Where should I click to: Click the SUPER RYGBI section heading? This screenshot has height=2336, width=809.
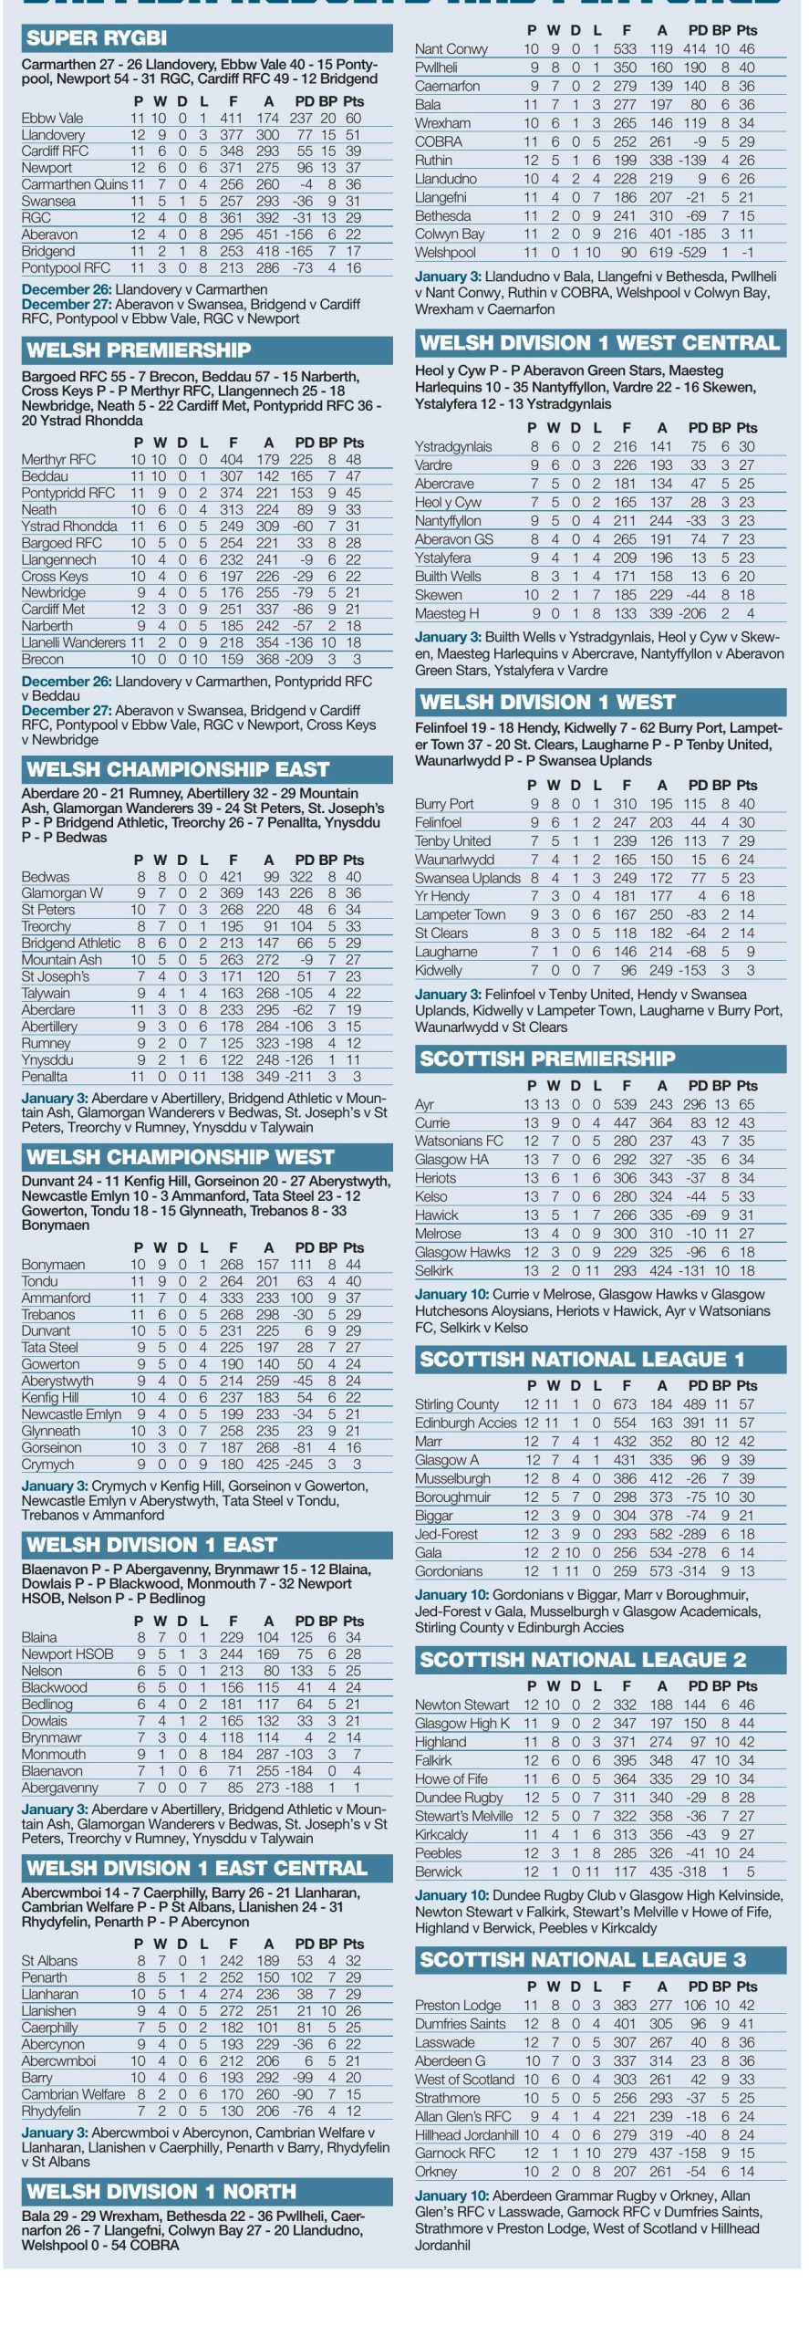pos(97,38)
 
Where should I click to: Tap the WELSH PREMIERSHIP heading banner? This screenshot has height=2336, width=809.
pos(139,350)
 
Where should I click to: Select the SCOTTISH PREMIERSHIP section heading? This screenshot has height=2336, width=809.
pos(547,1058)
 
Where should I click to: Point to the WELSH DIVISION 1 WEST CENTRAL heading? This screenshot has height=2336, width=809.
pos(600,343)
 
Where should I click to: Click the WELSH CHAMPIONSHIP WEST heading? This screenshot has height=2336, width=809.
pos(181,1157)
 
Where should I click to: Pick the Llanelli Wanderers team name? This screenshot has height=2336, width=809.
pos(73,642)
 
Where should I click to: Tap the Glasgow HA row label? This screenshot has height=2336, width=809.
pos(451,1159)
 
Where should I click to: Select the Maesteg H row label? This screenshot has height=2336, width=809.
pos(447,613)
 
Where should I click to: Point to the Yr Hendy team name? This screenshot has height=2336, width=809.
pos(442,896)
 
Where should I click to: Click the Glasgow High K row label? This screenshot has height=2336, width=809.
pos(462,1723)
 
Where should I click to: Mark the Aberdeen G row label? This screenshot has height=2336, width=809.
pos(450,2060)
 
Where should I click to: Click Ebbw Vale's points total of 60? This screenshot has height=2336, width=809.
pos(353,118)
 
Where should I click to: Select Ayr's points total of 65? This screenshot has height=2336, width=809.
pos(746,1104)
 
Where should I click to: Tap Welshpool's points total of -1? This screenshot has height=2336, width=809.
pos(747,253)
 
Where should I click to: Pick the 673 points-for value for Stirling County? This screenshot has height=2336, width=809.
pos(625,1403)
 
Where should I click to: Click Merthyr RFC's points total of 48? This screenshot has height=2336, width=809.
pos(353,460)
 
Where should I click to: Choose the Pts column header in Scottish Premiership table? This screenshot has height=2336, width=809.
pos(747,1085)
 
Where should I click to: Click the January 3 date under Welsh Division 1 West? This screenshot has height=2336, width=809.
pos(448,994)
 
